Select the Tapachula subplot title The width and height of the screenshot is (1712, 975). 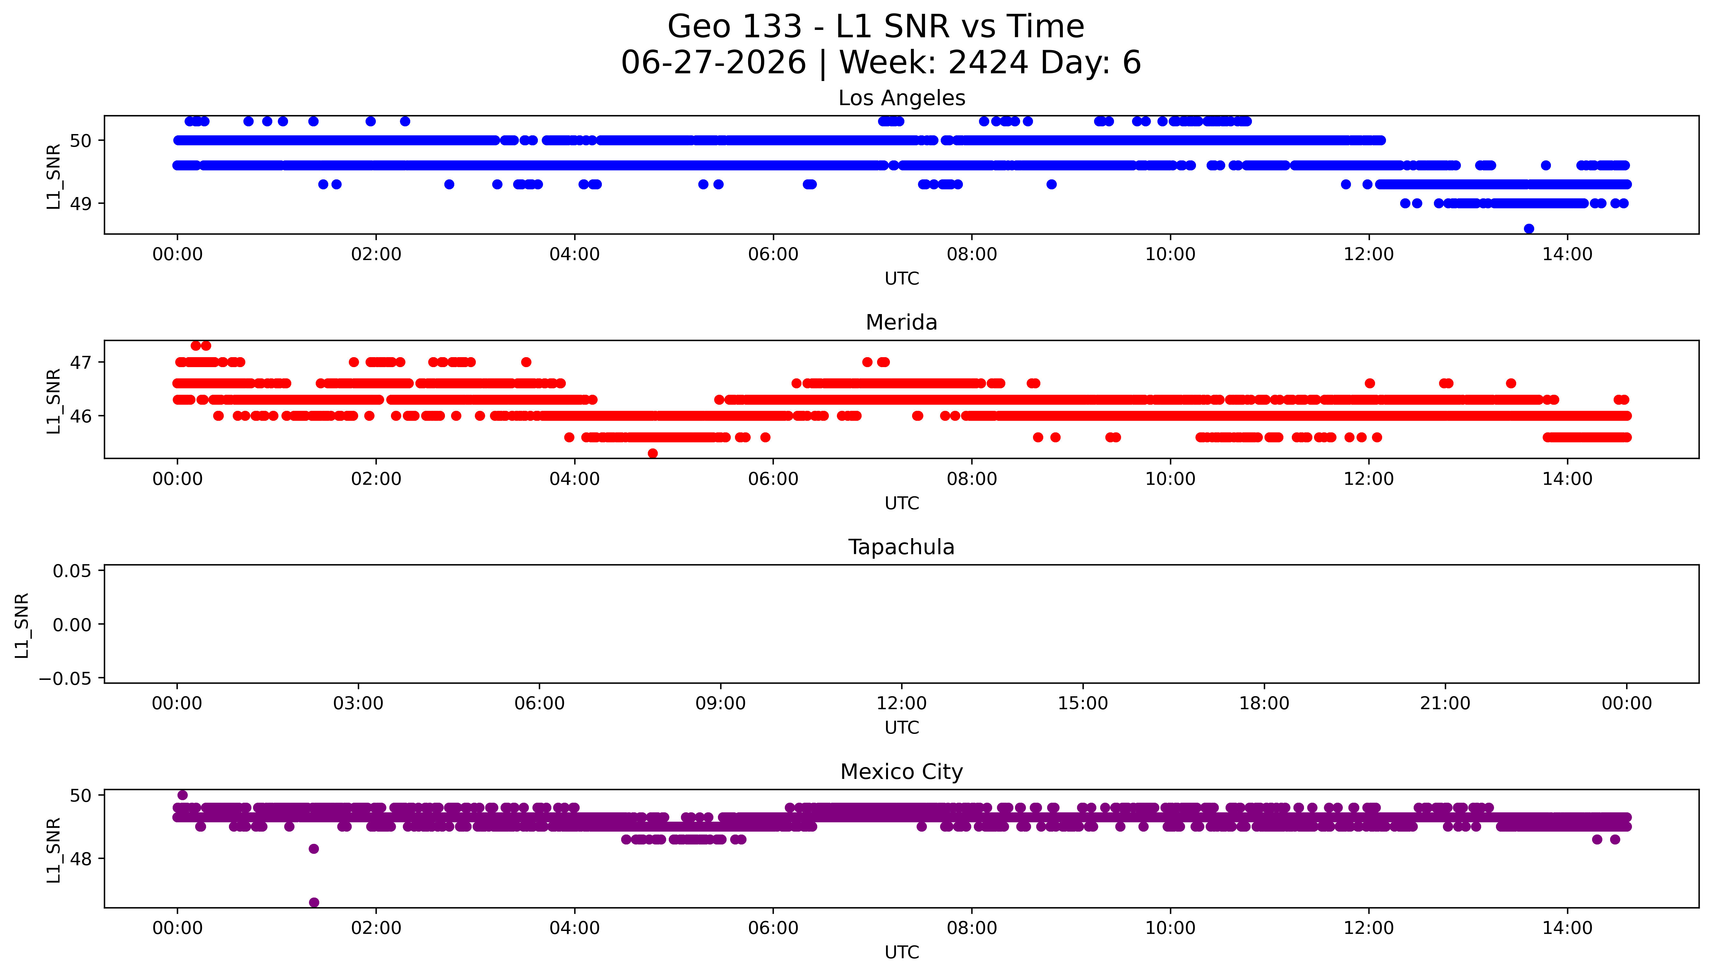tap(901, 547)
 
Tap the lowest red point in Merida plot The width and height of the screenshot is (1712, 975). tap(653, 453)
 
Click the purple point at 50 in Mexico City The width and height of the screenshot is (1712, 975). tap(182, 795)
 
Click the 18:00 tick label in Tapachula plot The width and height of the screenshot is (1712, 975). tap(1264, 703)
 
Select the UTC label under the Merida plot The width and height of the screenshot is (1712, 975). tap(901, 503)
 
